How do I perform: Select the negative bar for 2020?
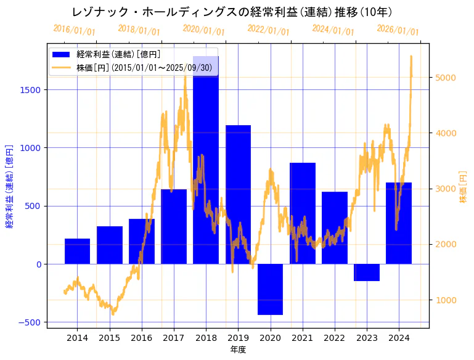tap(270, 289)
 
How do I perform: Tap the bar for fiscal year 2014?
tap(77, 251)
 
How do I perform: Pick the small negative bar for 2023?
tap(367, 272)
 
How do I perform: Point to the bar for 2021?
tap(303, 213)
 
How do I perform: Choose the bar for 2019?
tap(238, 194)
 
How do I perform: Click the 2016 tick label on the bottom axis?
tap(141, 338)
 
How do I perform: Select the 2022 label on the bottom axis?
tap(335, 338)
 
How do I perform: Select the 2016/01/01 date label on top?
tap(75, 30)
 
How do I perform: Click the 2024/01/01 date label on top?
tap(333, 30)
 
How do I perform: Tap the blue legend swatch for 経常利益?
tap(62, 55)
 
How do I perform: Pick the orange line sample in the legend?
tap(62, 68)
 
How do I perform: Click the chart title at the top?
tap(232, 12)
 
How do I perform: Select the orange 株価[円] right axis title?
tap(464, 187)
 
